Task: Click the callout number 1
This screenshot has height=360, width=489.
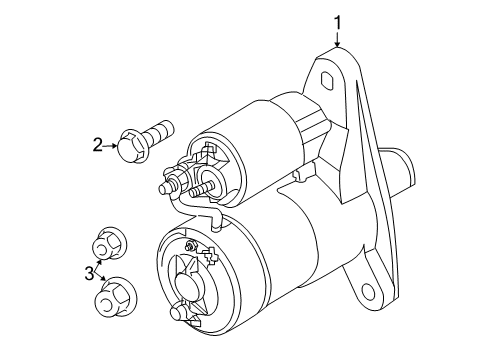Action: (337, 20)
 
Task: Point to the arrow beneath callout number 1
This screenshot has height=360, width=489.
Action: (337, 40)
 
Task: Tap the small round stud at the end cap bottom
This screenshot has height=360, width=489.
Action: (181, 313)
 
